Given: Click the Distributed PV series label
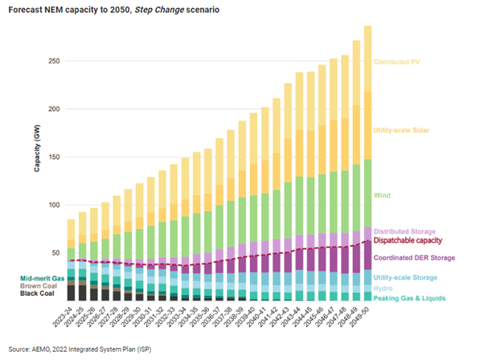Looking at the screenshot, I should coord(399,61).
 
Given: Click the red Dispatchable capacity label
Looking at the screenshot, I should coord(411,240).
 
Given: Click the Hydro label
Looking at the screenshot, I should coord(386,288).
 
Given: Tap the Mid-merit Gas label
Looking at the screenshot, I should coord(39,278).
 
